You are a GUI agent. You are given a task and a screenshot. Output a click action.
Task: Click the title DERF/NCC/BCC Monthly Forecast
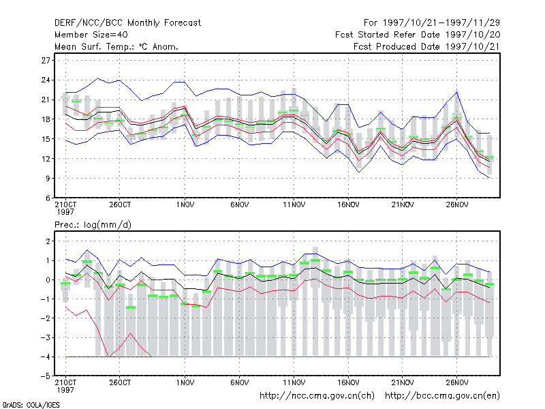tap(127, 23)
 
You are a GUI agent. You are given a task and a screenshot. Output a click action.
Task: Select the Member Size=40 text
tap(91, 35)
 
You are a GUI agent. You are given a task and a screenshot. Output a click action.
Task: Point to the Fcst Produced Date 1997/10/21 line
tap(426, 46)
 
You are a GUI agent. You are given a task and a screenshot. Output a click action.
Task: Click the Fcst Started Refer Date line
tap(418, 35)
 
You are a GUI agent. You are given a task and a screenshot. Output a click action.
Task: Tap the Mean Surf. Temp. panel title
tap(116, 46)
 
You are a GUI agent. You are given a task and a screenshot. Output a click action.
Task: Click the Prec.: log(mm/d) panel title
tap(93, 225)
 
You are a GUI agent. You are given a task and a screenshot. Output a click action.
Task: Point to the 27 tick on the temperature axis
tap(46, 61)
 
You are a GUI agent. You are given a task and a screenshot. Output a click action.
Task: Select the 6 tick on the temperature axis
tap(48, 198)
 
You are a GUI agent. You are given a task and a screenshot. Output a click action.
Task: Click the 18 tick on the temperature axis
tap(46, 119)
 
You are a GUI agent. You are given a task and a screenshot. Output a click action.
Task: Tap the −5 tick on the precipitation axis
tap(46, 376)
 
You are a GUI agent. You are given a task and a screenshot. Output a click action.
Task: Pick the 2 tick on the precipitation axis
tap(48, 241)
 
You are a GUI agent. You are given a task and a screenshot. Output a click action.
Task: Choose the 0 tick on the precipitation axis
tap(48, 280)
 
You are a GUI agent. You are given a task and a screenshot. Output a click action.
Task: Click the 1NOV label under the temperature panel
tap(185, 205)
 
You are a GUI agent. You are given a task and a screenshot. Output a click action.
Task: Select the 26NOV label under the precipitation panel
tap(456, 382)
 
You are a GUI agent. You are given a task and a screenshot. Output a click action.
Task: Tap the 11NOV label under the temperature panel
tap(294, 205)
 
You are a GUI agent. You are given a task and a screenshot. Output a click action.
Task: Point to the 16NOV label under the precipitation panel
tap(348, 382)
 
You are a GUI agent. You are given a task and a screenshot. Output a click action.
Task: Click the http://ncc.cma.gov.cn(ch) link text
tap(317, 396)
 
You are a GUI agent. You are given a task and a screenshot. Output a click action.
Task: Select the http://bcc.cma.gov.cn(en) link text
tap(442, 396)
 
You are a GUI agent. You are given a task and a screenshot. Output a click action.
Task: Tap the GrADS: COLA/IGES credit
tap(31, 405)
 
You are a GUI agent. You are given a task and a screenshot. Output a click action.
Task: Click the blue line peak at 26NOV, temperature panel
tap(456, 92)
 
